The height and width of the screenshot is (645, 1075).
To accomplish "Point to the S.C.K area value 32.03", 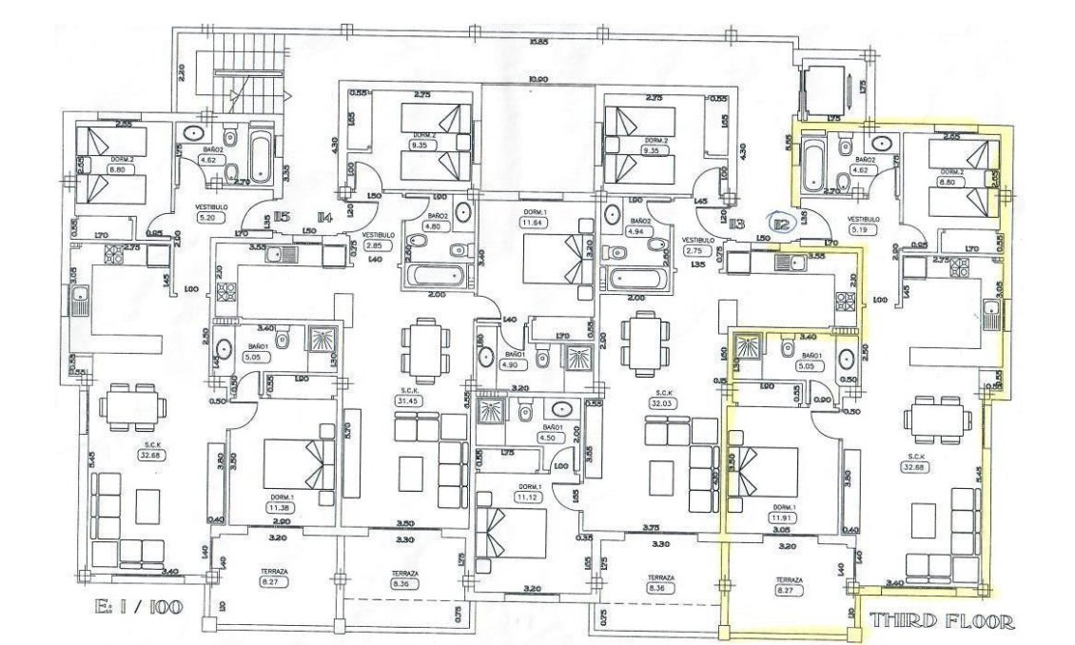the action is click(658, 402).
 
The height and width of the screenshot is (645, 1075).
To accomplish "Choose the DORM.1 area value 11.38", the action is click(280, 507).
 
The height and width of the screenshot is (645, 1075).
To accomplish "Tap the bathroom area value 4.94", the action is click(635, 230).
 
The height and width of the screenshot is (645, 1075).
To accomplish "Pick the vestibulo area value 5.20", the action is click(206, 217).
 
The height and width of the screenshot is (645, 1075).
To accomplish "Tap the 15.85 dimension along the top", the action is click(538, 42).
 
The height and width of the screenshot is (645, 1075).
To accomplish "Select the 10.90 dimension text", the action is click(538, 78).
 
